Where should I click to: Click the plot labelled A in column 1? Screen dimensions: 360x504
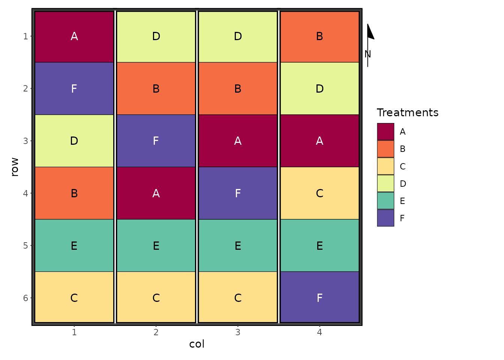click(x=74, y=36)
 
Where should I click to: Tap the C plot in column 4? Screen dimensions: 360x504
click(x=319, y=193)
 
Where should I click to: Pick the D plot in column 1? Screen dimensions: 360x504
click(x=74, y=141)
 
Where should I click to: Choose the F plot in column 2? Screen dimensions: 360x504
click(x=156, y=141)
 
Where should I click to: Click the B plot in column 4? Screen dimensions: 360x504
click(x=319, y=36)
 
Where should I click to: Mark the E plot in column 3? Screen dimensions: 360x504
click(x=238, y=246)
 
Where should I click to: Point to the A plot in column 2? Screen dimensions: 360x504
click(x=156, y=193)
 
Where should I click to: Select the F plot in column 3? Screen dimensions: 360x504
click(x=238, y=193)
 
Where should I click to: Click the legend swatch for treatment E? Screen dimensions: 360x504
click(x=385, y=201)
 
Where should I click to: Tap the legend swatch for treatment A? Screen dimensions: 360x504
click(x=385, y=132)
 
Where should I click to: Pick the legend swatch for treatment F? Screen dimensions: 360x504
click(x=385, y=218)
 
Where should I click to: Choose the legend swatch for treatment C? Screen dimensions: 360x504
click(x=385, y=166)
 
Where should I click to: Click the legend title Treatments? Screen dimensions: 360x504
click(x=407, y=112)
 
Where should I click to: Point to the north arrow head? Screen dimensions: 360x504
click(x=370, y=32)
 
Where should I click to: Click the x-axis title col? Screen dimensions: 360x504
click(x=197, y=344)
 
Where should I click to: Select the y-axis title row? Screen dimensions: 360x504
click(x=15, y=167)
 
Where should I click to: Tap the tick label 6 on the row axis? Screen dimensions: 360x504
click(x=25, y=298)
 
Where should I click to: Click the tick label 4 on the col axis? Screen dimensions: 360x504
click(x=319, y=332)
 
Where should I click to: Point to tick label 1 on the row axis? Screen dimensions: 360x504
click(x=25, y=36)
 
